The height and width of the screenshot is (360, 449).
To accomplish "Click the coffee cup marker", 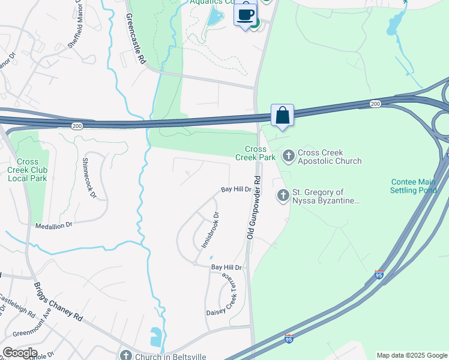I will click(245, 14).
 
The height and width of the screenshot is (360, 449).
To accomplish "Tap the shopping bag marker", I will click(282, 115).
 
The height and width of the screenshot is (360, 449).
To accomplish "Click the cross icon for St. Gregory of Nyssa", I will click(283, 195).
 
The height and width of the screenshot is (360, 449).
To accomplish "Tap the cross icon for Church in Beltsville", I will click(126, 355).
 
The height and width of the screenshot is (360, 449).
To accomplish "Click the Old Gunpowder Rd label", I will click(253, 207).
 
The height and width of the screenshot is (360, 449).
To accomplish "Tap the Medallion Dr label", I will click(53, 224).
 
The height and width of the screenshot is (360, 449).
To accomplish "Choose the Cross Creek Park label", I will click(259, 153).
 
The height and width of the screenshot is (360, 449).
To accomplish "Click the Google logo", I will click(20, 353).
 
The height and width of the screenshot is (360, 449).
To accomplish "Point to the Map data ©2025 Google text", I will click(412, 355).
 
